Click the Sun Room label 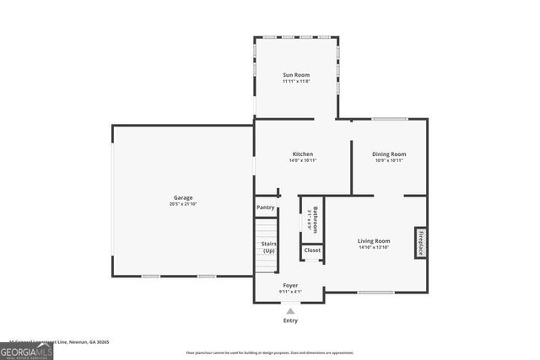tap(295, 75)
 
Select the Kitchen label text tap(303, 154)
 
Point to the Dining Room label tap(389, 154)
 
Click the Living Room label tap(374, 241)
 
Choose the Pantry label tap(265, 207)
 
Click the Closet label tap(312, 250)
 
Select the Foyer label tap(290, 286)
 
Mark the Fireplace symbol tap(420, 242)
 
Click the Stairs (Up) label tap(268, 247)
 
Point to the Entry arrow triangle tap(290, 311)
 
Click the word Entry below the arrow tap(290, 320)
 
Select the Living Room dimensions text tap(374, 248)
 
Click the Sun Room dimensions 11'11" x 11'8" tap(295, 82)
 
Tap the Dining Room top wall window tap(389, 119)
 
